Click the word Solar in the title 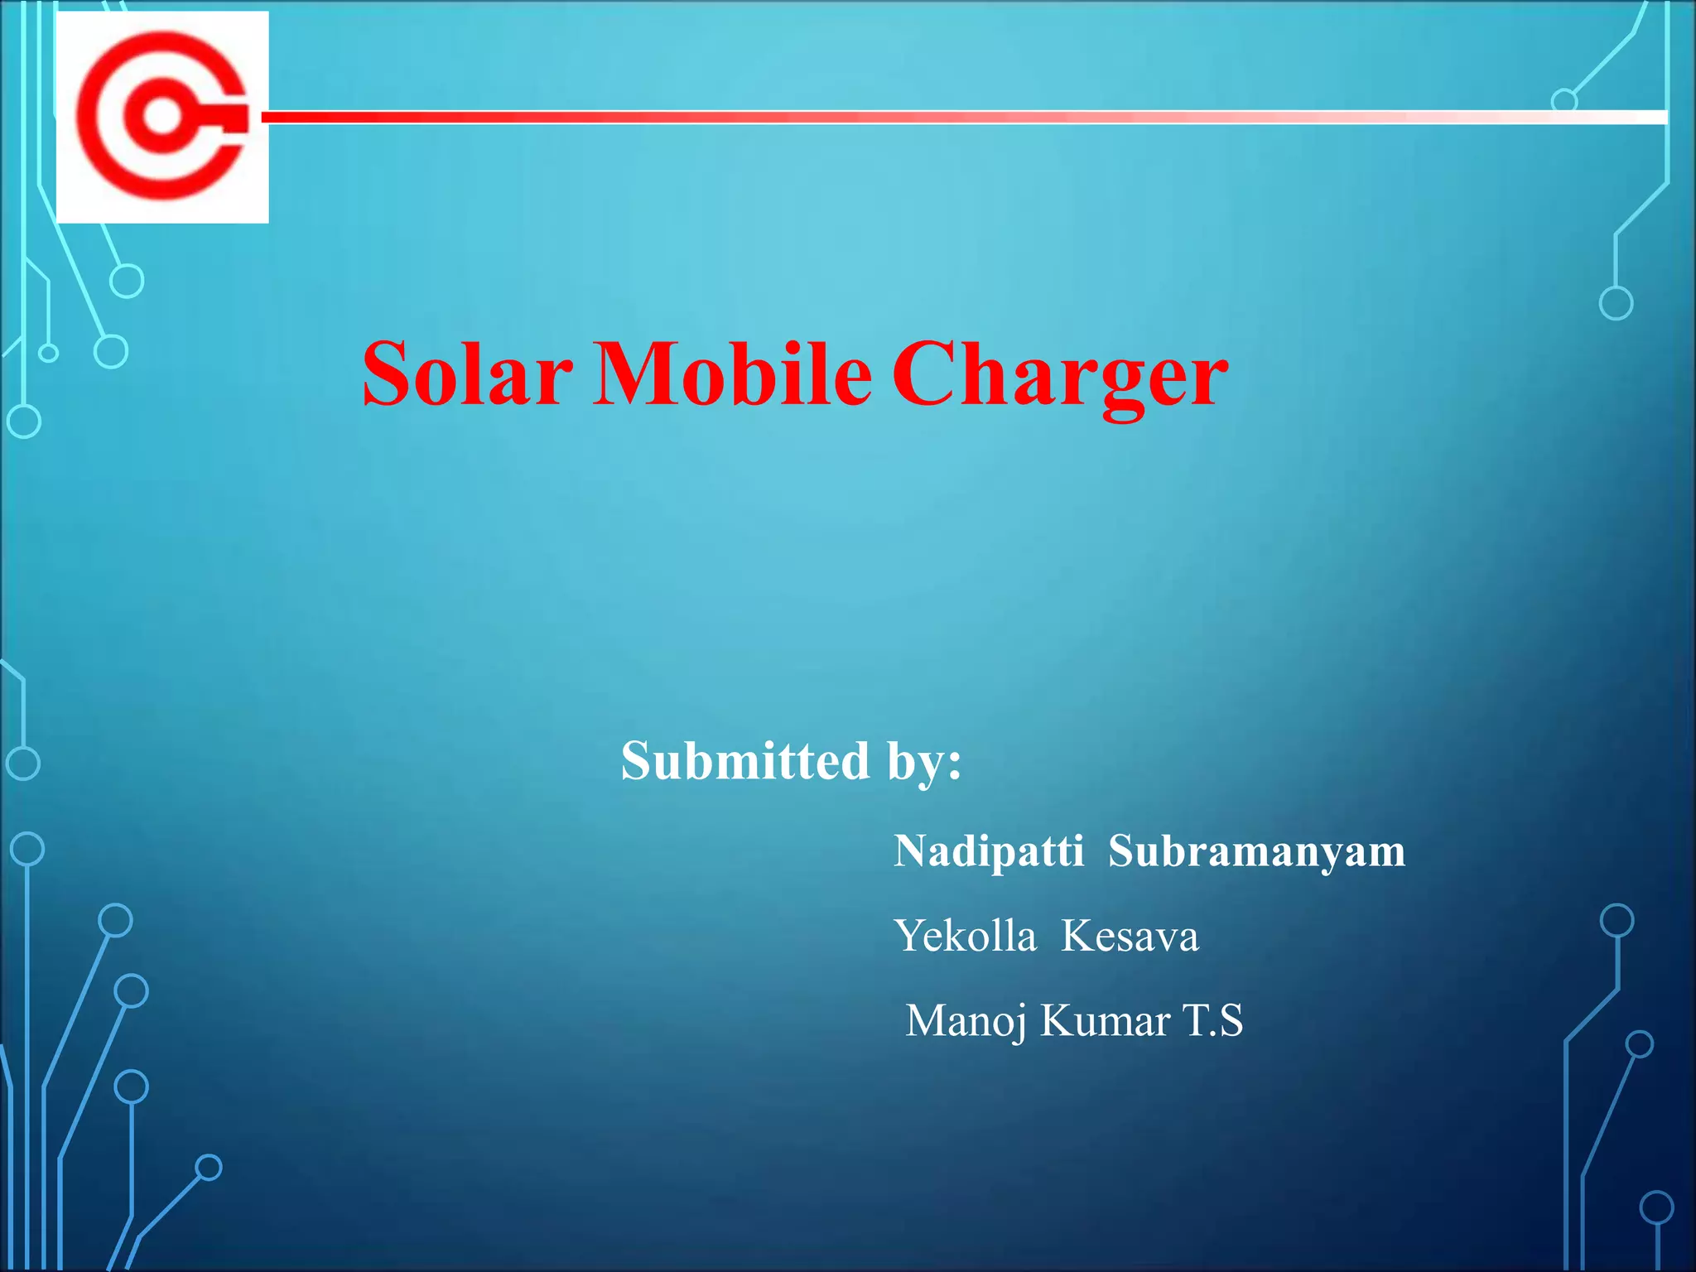(467, 374)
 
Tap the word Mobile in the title (732, 374)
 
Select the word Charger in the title (1060, 377)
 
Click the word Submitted (745, 760)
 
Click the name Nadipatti (989, 851)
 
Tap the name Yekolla (966, 937)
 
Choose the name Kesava (1130, 937)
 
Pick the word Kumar (1105, 1020)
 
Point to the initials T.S (1213, 1020)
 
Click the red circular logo (162, 117)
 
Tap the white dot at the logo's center (162, 117)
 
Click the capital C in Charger (924, 374)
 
